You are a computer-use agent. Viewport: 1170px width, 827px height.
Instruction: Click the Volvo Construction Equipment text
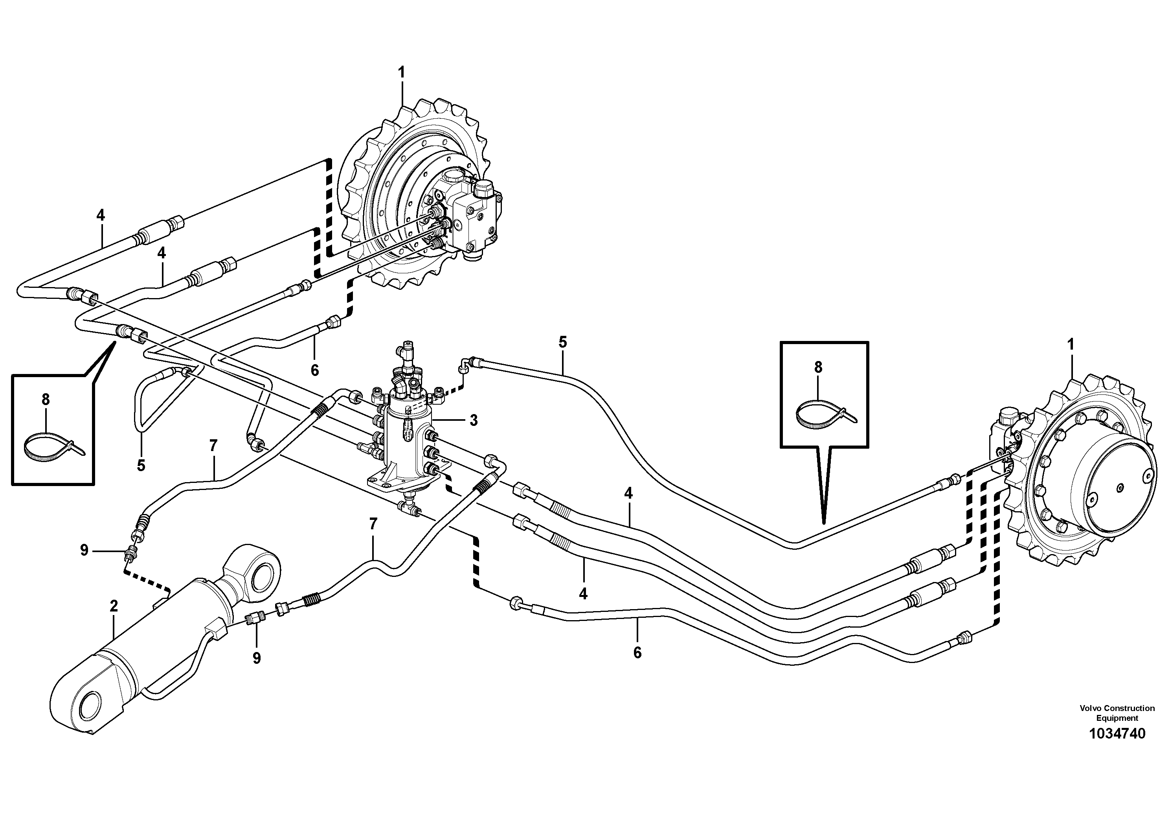pyautogui.click(x=1117, y=713)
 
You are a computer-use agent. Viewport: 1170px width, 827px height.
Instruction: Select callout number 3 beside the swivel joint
pyautogui.click(x=474, y=421)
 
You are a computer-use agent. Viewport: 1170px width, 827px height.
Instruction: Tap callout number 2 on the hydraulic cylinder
pyautogui.click(x=114, y=606)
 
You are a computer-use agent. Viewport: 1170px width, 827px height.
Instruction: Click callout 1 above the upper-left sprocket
pyautogui.click(x=402, y=72)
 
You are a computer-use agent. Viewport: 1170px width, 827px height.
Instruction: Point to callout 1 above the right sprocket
pyautogui.click(x=1071, y=344)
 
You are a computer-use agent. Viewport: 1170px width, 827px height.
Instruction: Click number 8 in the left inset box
pyautogui.click(x=46, y=400)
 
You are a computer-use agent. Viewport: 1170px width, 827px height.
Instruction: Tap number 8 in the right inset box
pyautogui.click(x=818, y=367)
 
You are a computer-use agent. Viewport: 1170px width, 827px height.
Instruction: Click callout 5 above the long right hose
pyautogui.click(x=562, y=342)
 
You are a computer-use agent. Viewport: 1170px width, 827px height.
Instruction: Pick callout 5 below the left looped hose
pyautogui.click(x=141, y=465)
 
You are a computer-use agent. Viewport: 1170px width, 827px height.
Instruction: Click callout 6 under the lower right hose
pyautogui.click(x=637, y=653)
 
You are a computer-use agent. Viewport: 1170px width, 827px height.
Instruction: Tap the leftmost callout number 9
pyautogui.click(x=84, y=550)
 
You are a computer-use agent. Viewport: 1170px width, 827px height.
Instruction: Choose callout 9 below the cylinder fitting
pyautogui.click(x=256, y=658)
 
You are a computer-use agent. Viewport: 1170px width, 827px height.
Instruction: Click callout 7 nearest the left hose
pyautogui.click(x=213, y=446)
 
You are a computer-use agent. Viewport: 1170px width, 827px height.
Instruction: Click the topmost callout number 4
pyautogui.click(x=101, y=215)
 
